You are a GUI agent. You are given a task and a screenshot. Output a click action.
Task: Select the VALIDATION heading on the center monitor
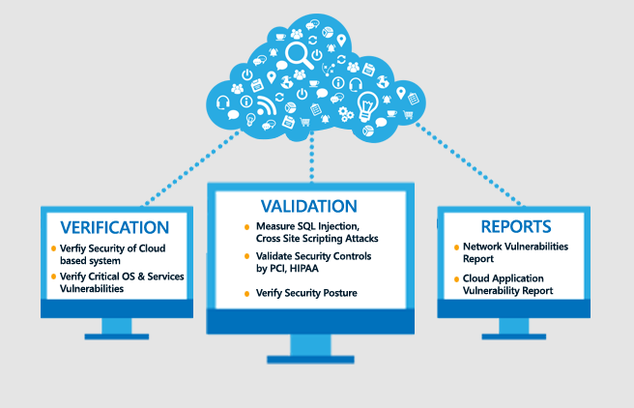tap(309, 206)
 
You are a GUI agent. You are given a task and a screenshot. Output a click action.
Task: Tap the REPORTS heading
tap(515, 227)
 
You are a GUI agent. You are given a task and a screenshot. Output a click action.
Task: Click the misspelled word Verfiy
tap(72, 248)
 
